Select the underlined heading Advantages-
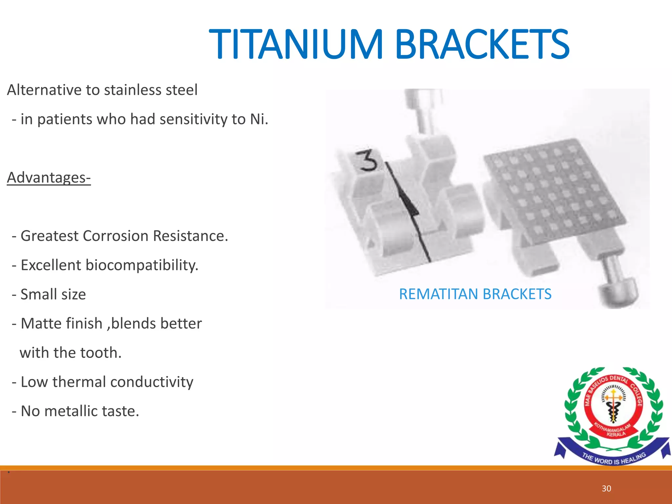click(49, 178)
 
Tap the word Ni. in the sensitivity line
click(259, 119)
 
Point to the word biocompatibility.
click(142, 265)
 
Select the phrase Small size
click(53, 294)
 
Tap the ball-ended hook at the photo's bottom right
click(617, 289)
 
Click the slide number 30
click(606, 489)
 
